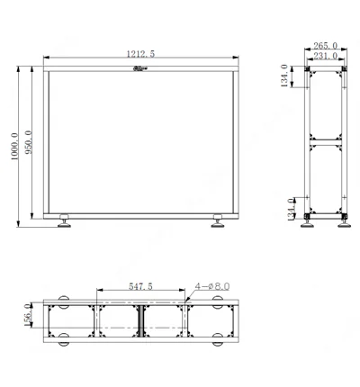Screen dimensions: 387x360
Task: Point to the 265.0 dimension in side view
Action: point(325,45)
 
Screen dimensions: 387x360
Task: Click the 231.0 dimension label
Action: point(324,56)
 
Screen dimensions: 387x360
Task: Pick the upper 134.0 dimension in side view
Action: point(286,77)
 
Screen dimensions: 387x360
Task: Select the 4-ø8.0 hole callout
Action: point(212,285)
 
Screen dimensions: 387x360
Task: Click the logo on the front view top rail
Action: point(140,68)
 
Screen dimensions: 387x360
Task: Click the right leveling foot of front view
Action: point(219,225)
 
